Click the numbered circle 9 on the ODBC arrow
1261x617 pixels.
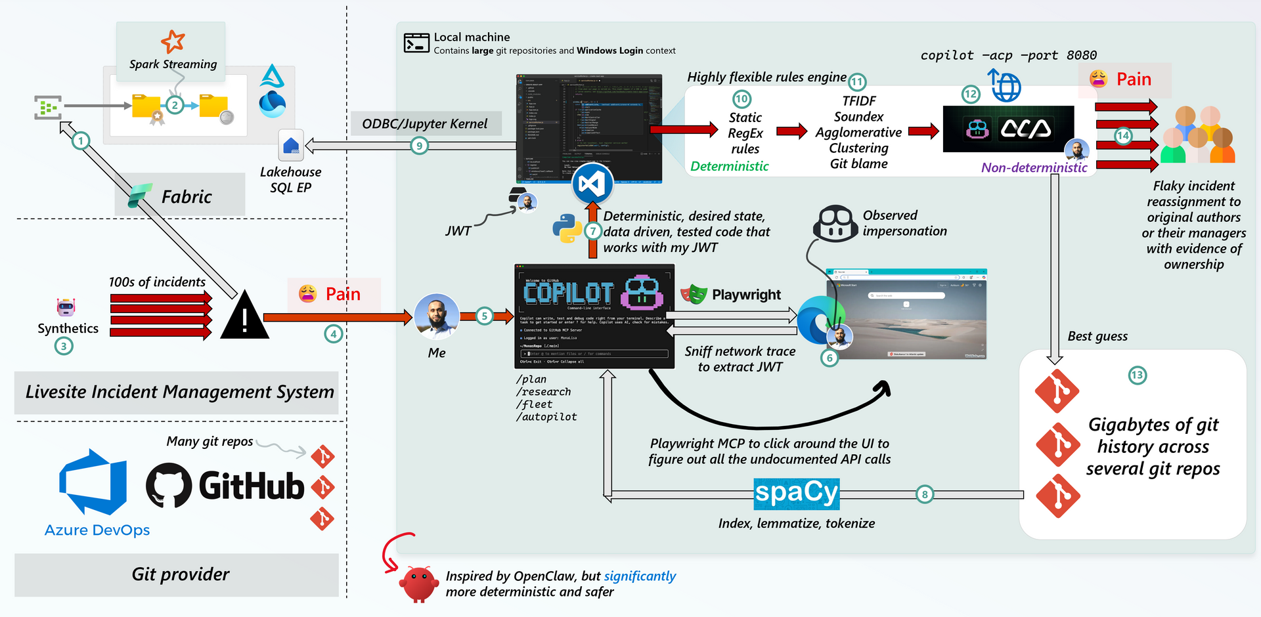(x=419, y=146)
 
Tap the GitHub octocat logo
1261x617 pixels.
(x=169, y=485)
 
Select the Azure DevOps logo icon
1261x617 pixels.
(x=93, y=482)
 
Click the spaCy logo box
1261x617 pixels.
(x=796, y=494)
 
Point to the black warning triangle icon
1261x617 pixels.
(x=244, y=317)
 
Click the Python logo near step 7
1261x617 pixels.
(x=567, y=229)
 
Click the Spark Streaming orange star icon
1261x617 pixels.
(x=173, y=41)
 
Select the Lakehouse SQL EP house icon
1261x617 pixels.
(x=291, y=145)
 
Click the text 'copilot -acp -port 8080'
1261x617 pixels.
(x=1008, y=55)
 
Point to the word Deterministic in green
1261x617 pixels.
(x=729, y=167)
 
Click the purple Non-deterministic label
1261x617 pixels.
(x=1034, y=168)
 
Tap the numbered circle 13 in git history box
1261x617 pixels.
(x=1137, y=375)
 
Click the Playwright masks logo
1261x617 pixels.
(x=694, y=295)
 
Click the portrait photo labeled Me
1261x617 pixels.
(x=437, y=316)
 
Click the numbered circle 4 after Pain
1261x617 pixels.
(x=333, y=334)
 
